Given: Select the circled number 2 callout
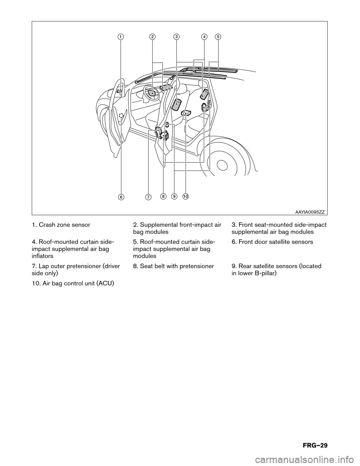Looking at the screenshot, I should [152, 36].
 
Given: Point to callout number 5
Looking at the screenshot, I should [218, 36].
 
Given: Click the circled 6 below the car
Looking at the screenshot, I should [121, 197].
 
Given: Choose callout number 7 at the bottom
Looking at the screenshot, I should [148, 197].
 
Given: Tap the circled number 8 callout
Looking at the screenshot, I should [163, 196].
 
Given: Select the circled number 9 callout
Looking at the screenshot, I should [174, 196].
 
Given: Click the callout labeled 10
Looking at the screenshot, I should [186, 196].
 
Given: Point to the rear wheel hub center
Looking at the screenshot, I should [222, 165].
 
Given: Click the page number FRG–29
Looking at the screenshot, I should [312, 445].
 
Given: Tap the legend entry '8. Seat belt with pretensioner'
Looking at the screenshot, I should [174, 266].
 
